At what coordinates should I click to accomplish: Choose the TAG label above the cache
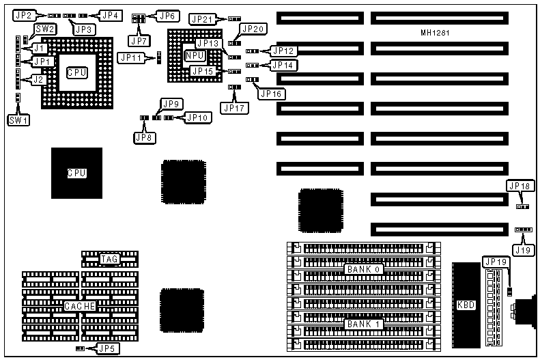pos(110,259)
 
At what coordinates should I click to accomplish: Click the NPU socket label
pos(193,55)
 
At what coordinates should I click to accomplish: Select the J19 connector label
pos(524,251)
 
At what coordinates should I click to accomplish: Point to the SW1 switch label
pos(16,120)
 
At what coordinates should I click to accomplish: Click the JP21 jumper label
pos(203,19)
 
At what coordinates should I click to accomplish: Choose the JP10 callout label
pos(198,117)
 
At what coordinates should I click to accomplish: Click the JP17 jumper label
pos(233,107)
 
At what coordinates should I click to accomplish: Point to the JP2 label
pos(23,14)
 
